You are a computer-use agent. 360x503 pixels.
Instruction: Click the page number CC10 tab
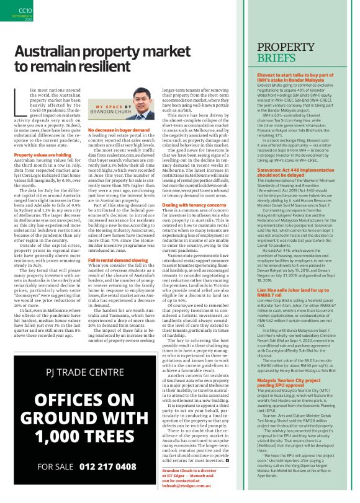tap(25, 12)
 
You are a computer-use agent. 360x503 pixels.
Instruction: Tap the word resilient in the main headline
tap(106, 68)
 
